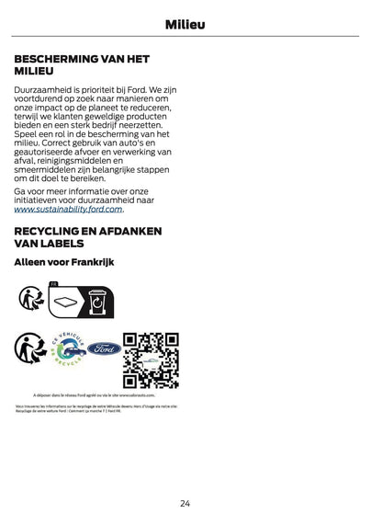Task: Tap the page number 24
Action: click(185, 503)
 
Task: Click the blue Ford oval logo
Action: click(104, 350)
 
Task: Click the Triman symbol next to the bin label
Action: click(30, 300)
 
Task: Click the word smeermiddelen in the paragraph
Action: click(51, 171)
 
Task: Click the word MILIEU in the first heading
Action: click(34, 71)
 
